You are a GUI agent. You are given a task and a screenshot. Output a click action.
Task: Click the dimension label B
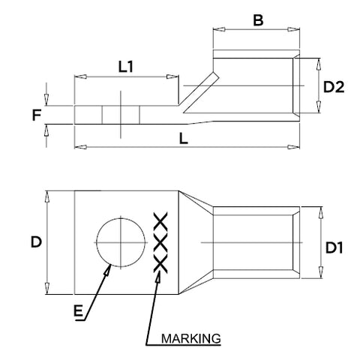point(258,20)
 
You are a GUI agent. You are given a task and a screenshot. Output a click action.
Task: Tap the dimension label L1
point(126,67)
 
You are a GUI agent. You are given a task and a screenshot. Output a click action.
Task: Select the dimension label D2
point(334,87)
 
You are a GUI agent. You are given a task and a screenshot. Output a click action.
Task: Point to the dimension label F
point(37,115)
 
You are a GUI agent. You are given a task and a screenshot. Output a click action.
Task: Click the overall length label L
point(184,139)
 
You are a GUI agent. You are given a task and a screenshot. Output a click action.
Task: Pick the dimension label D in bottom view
point(36,242)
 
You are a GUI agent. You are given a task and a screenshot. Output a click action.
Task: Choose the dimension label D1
point(334,248)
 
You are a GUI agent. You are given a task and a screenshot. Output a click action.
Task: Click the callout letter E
point(78,311)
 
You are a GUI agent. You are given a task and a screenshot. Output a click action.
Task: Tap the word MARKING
point(191,338)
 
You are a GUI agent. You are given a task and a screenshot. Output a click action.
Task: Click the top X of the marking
point(160,222)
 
